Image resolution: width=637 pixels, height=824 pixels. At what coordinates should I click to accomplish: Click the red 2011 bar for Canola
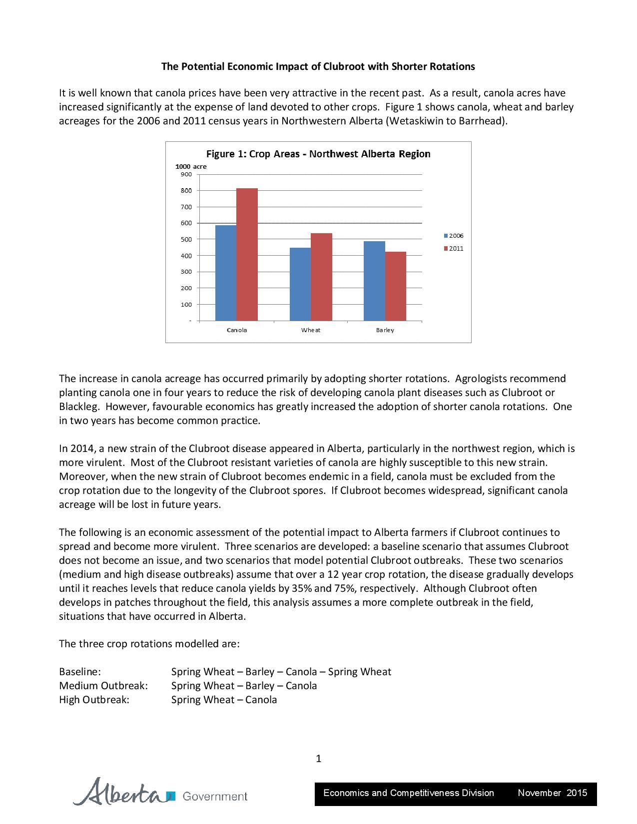(247, 254)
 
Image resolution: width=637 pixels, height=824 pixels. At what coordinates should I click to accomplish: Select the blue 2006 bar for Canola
(226, 273)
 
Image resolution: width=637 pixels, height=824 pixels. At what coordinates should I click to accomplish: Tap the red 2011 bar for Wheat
(321, 277)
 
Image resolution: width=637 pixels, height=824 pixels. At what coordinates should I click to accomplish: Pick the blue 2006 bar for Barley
(374, 281)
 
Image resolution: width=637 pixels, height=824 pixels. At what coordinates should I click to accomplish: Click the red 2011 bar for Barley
(396, 286)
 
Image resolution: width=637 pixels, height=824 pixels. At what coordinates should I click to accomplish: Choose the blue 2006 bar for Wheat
(300, 284)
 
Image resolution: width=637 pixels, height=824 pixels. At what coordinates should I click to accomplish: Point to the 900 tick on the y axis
(186, 174)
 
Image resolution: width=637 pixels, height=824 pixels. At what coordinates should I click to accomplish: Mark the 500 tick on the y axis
(186, 239)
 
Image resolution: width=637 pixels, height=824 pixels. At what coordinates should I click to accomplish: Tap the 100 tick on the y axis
(186, 304)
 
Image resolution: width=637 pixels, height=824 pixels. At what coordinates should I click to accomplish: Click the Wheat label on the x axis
(311, 330)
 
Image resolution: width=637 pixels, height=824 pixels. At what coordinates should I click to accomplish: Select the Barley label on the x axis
(385, 330)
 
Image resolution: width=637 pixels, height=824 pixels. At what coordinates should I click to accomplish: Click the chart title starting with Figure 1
(318, 154)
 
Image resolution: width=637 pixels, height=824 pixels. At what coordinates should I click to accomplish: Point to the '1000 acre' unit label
(190, 166)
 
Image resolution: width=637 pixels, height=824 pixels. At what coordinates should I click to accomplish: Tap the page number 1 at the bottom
(318, 759)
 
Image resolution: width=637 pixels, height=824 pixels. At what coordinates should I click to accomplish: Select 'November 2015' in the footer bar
(552, 793)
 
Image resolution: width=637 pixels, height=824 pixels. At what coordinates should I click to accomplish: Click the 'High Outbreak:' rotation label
(94, 700)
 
